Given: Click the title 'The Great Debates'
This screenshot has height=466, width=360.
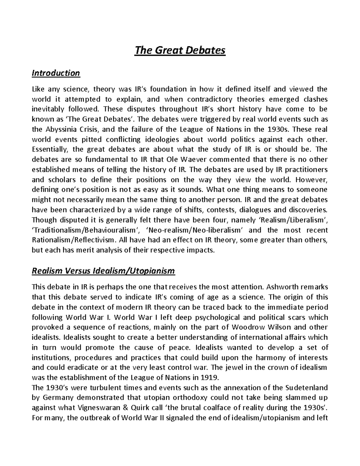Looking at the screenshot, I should click(x=180, y=50).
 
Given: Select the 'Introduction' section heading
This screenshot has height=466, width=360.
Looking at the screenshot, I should click(x=56, y=73).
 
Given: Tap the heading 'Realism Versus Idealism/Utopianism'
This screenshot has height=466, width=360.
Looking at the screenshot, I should click(x=103, y=271).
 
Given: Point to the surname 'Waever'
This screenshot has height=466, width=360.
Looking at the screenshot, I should click(x=203, y=159).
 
